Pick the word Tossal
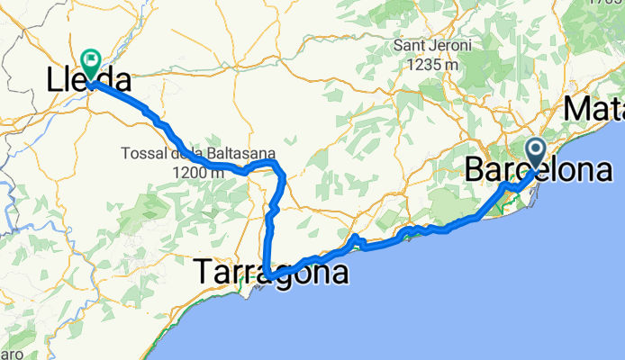coord(142,154)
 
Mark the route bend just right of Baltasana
coord(282,171)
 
